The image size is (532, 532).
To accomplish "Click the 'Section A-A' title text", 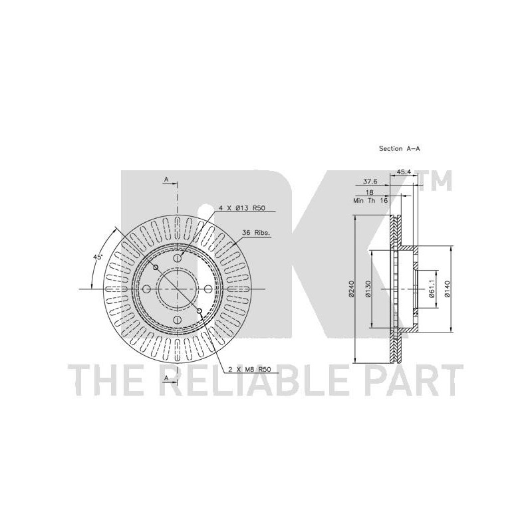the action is (400, 148).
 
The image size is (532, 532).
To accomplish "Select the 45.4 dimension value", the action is (404, 172).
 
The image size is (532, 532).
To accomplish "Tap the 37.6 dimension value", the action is (370, 182).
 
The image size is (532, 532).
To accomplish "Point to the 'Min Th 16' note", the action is (370, 201).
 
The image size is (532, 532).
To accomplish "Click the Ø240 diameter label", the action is (351, 289).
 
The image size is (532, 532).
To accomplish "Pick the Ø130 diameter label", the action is (368, 289).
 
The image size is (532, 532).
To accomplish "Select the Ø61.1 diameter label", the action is (432, 289).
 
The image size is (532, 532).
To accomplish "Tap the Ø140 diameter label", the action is (447, 289).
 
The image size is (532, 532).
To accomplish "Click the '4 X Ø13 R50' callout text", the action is (241, 208).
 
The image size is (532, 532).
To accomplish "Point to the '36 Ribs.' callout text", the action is (256, 233).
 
